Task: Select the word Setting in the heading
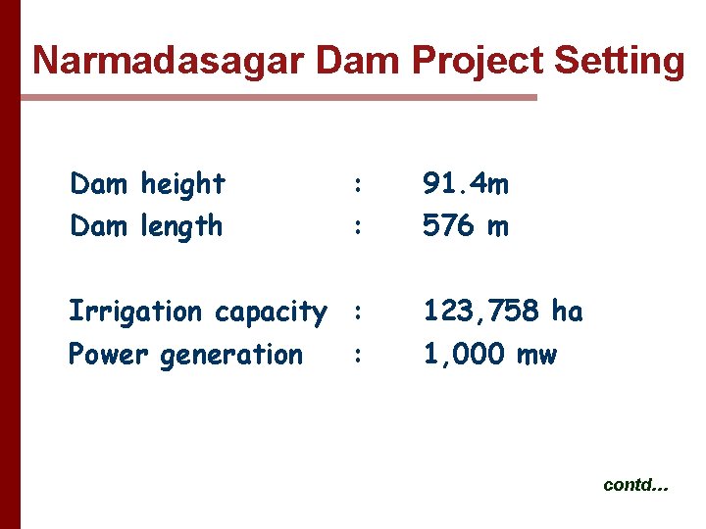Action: (x=619, y=61)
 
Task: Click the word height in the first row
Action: (x=183, y=183)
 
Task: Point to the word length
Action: (x=181, y=226)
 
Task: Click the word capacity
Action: (x=271, y=313)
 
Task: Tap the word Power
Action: (x=108, y=354)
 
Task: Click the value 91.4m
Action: (x=466, y=183)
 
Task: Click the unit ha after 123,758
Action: (x=567, y=312)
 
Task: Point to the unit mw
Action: (x=535, y=355)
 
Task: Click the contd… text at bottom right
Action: (x=635, y=485)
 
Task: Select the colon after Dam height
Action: (x=359, y=184)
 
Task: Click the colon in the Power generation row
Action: (x=359, y=355)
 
